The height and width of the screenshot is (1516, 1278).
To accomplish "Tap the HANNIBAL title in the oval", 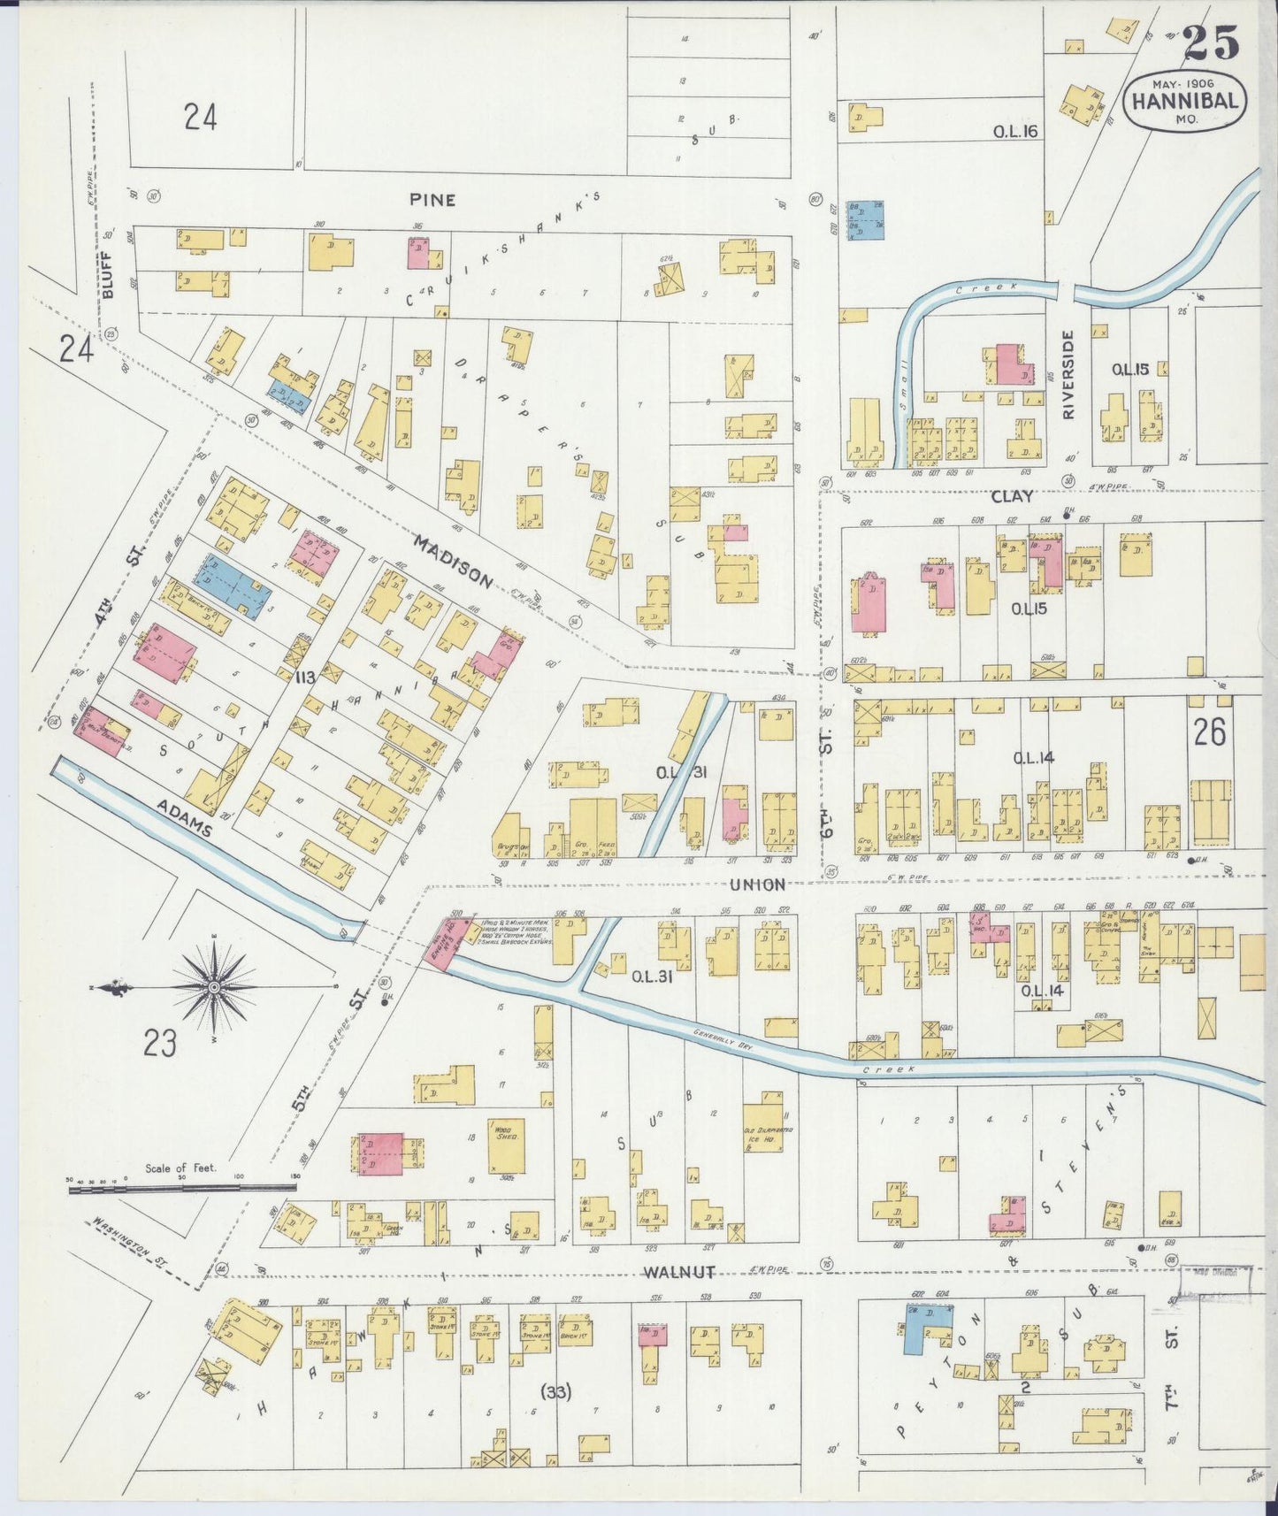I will click(x=1185, y=100).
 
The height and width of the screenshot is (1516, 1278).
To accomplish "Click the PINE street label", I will click(x=432, y=200).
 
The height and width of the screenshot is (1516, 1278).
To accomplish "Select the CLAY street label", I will click(x=1012, y=496).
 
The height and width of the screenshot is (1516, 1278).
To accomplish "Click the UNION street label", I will click(x=757, y=884).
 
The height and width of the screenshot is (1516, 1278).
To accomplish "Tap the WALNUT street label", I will click(x=678, y=1273).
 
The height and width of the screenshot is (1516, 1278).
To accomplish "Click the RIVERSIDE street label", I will click(x=1068, y=374).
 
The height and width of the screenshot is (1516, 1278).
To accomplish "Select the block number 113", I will click(x=306, y=678).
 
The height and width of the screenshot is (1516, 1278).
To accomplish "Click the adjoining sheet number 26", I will click(x=1209, y=732).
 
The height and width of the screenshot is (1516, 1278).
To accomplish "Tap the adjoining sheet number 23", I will click(x=160, y=1044).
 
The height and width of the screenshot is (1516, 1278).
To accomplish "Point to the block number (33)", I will click(x=555, y=1391).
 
